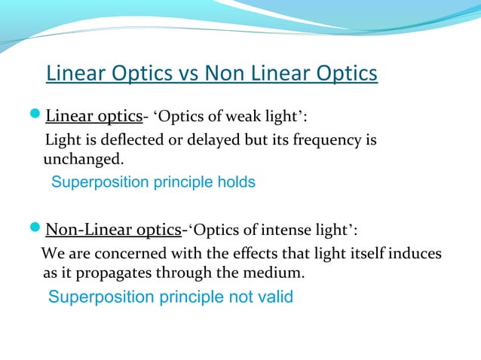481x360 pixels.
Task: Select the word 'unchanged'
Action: pos(81,160)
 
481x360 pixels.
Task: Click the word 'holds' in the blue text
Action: pos(236,182)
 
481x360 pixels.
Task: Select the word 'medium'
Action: pos(275,273)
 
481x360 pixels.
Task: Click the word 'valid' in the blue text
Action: pos(274,297)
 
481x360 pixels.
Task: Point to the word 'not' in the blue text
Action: pos(240,297)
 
